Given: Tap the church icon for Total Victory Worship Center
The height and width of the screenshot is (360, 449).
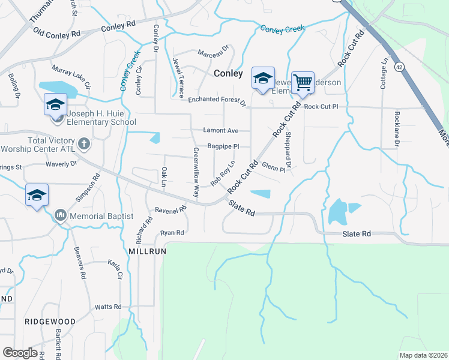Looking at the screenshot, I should tap(84, 144).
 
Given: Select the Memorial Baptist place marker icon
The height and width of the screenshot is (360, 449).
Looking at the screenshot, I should tap(60, 215).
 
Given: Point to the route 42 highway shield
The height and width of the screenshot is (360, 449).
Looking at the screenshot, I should tap(399, 67).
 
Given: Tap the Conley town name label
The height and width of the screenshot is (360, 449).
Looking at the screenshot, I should tap(228, 74).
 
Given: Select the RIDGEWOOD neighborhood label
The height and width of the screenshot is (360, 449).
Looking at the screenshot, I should tap(50, 322).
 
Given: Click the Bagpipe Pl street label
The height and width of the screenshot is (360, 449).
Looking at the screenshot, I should tap(223, 146).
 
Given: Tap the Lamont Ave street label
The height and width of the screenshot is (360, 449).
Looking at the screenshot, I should tap(221, 130).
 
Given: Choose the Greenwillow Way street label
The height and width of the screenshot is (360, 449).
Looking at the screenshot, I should tap(196, 173).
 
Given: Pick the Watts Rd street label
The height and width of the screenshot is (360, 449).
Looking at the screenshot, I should tap(109, 307).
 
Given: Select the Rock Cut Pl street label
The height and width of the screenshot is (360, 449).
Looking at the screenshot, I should tap(321, 106).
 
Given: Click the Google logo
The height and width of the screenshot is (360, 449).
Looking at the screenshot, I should tap(20, 353).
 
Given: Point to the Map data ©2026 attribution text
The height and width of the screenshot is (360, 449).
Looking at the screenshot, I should tap(423, 355).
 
